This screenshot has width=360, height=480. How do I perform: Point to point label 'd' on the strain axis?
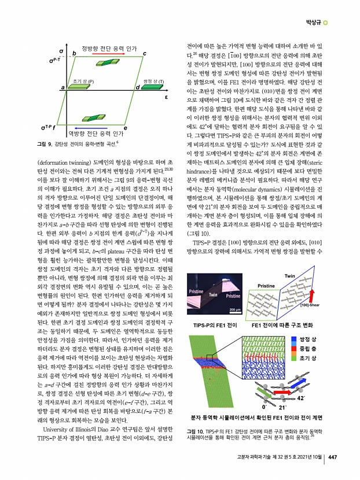[137, 87]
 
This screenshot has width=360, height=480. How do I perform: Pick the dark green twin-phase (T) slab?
[153, 87]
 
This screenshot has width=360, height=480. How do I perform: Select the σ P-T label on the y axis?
[56, 60]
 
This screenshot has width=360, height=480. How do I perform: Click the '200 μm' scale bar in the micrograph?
[235, 309]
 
